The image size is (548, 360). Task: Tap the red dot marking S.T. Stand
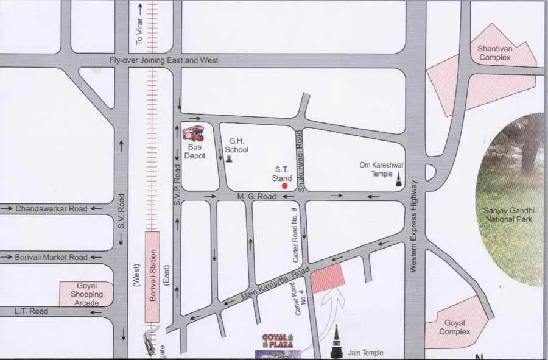pyautogui.click(x=285, y=186)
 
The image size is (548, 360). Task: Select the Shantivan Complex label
pyautogui.click(x=494, y=53)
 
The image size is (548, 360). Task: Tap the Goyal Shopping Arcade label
pyautogui.click(x=86, y=294)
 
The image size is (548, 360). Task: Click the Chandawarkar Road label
pyautogui.click(x=52, y=208)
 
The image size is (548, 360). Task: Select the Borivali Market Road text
pyautogui.click(x=52, y=258)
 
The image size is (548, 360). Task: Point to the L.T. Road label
pyautogui.click(x=31, y=311)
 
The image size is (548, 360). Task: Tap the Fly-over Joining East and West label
pyautogui.click(x=164, y=61)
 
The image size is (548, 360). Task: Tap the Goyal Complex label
pyautogui.click(x=455, y=327)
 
